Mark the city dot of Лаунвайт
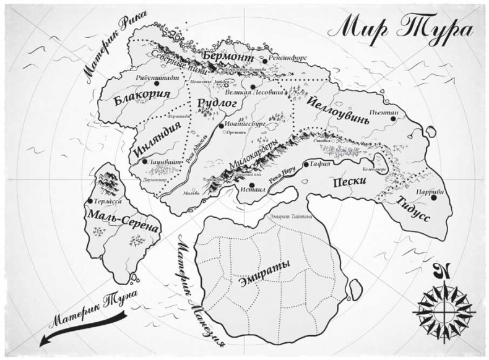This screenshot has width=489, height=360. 144,161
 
